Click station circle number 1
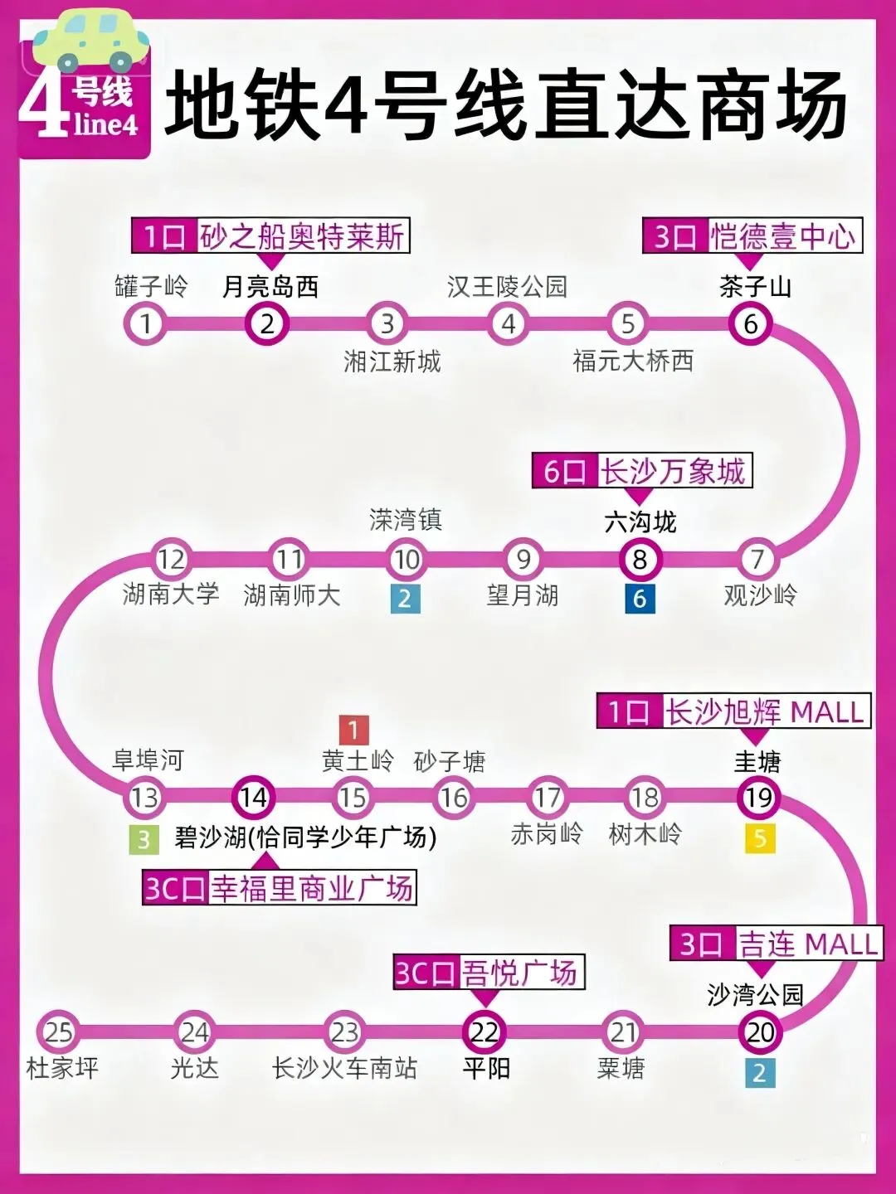point(146,323)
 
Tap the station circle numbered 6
point(750,323)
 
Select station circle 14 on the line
point(253,797)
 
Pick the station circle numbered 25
point(58,1032)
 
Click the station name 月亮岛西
point(270,287)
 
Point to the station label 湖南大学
point(171,594)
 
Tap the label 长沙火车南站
point(344,1068)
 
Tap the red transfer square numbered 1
point(353,730)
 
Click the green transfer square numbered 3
point(144,840)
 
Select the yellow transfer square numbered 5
point(759,839)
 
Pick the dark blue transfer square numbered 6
point(640,599)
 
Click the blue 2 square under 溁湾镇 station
point(405,599)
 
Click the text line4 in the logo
point(105,124)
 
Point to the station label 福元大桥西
point(633,361)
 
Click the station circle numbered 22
point(484,1032)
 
